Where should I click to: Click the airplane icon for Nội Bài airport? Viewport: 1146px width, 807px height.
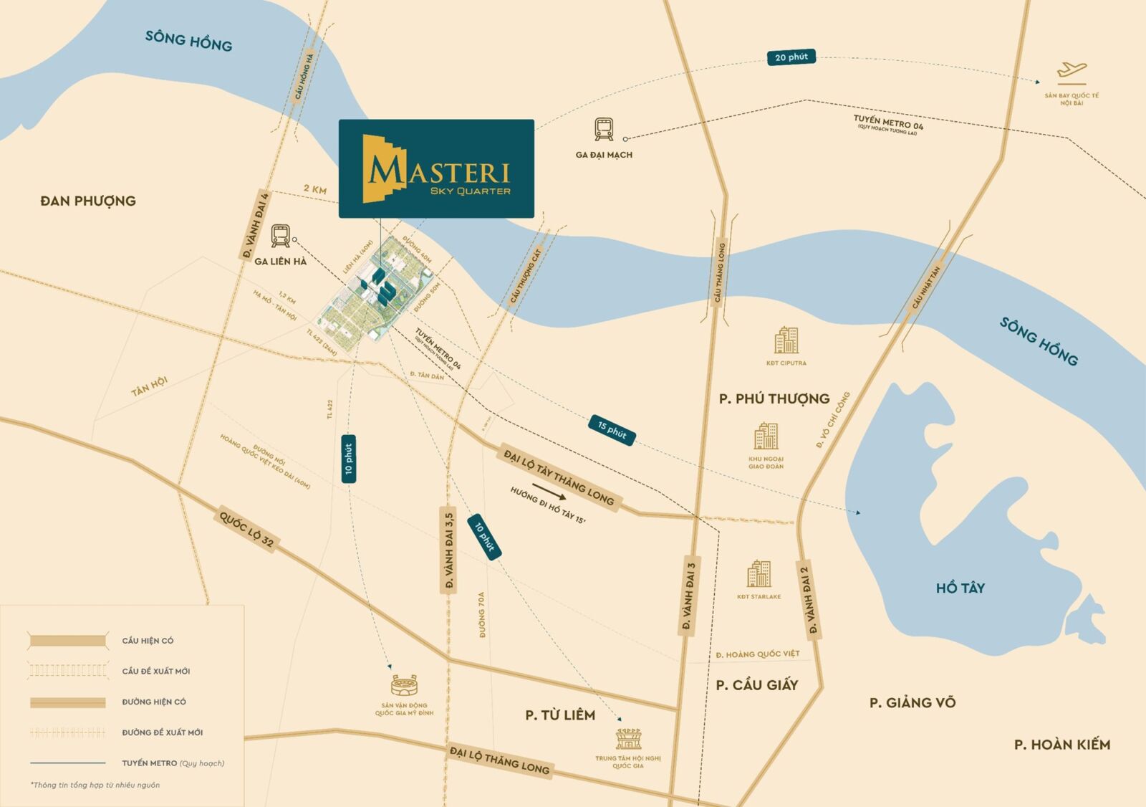(1072, 72)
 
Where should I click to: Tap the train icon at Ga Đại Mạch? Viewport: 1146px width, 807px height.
(604, 129)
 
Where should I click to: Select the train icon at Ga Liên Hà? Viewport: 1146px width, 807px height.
(281, 236)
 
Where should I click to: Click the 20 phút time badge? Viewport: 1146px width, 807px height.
(791, 57)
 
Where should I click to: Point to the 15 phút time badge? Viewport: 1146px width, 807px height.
(612, 429)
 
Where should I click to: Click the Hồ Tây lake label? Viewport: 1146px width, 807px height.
(960, 588)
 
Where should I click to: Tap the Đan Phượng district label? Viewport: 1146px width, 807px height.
(88, 201)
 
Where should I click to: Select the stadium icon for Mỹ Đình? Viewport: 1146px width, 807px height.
(404, 685)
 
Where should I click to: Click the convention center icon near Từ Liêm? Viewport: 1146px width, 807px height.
(628, 738)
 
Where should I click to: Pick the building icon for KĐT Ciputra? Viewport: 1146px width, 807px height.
(786, 340)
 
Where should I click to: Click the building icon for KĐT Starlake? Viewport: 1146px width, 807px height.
(759, 574)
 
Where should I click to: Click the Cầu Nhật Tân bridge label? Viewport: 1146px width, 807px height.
(925, 287)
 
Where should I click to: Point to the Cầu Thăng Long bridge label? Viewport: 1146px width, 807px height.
(720, 272)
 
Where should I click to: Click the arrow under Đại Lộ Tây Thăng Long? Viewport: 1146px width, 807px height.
(549, 491)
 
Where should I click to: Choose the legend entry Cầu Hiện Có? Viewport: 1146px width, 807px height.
(148, 641)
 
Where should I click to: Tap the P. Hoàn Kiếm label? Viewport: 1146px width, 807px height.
(1061, 745)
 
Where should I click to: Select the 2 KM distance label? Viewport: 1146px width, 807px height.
(314, 189)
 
